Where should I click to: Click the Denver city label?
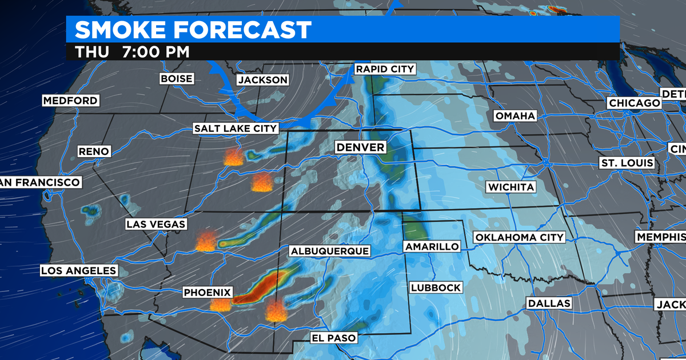(360, 147)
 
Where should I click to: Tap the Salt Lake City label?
(236, 129)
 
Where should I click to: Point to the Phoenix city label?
(208, 293)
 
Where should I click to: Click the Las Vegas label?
(156, 225)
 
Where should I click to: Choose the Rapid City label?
(384, 69)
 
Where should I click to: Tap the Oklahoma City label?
(519, 237)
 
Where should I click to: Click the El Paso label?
(333, 338)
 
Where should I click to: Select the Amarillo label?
(432, 246)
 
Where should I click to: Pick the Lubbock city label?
(435, 287)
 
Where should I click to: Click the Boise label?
(177, 78)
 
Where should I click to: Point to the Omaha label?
(515, 116)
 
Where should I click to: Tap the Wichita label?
(510, 187)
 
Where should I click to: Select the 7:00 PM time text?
(155, 52)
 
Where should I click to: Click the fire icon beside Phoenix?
(221, 305)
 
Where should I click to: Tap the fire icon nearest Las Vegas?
(205, 242)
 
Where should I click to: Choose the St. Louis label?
(627, 163)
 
